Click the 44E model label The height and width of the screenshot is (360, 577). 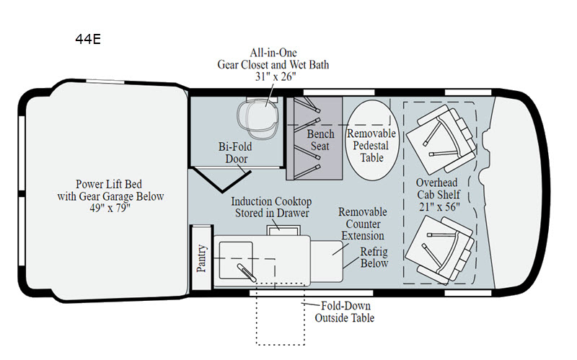pyautogui.click(x=88, y=39)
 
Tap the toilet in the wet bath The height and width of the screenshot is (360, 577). pyautogui.click(x=257, y=116)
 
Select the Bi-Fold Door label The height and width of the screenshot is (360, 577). pyautogui.click(x=235, y=153)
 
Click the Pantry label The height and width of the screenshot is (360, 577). pyautogui.click(x=201, y=258)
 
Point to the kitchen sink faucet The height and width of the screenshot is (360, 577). pyautogui.click(x=246, y=273)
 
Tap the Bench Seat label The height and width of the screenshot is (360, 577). pyautogui.click(x=320, y=140)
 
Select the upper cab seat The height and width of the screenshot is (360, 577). pyautogui.click(x=441, y=140)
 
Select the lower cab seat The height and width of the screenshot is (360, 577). pyautogui.click(x=439, y=250)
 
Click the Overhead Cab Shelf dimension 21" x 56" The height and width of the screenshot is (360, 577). pyautogui.click(x=439, y=207)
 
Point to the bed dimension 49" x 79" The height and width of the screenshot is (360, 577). pyautogui.click(x=110, y=208)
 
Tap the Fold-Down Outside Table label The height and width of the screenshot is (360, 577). pyautogui.click(x=345, y=312)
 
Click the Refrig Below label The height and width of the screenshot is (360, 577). pyautogui.click(x=374, y=258)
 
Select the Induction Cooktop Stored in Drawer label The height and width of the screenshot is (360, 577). pyautogui.click(x=272, y=207)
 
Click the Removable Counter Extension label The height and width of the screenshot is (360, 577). pyautogui.click(x=363, y=224)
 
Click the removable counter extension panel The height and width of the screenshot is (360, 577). pyautogui.click(x=327, y=261)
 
